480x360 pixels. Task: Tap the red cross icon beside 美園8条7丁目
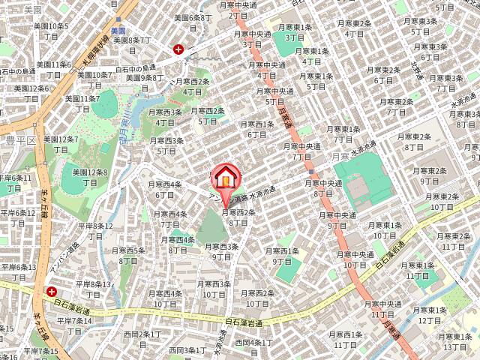(178, 49)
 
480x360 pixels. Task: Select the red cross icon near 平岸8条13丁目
(52, 291)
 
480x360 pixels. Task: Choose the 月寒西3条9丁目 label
(221, 251)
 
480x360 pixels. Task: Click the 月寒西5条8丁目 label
(128, 255)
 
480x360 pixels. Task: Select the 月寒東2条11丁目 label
(454, 241)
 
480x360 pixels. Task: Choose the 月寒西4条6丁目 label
(164, 189)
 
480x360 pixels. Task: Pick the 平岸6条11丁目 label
(15, 183)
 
